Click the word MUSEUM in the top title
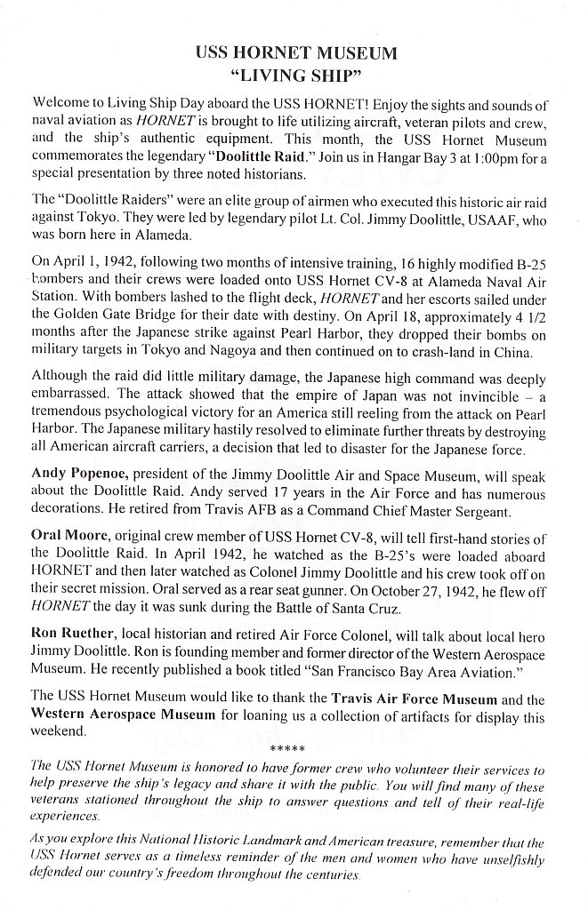pos(349,53)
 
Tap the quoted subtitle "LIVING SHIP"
pos(294,76)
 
